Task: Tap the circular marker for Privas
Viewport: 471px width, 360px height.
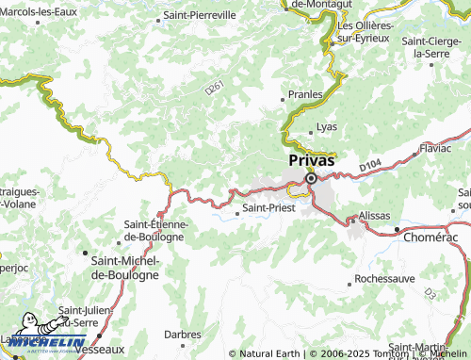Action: pyautogui.click(x=310, y=176)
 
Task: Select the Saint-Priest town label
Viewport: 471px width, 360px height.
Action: pyautogui.click(x=268, y=207)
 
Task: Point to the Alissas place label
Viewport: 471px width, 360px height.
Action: pyautogui.click(x=374, y=216)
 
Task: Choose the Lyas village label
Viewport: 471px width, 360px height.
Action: pyautogui.click(x=327, y=126)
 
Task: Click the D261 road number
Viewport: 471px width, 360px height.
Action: pyautogui.click(x=214, y=88)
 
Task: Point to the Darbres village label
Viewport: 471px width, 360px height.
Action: pyautogui.click(x=182, y=334)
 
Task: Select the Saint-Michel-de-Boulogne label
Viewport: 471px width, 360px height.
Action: pyautogui.click(x=123, y=268)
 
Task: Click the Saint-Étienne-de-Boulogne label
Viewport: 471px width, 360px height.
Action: pyautogui.click(x=157, y=231)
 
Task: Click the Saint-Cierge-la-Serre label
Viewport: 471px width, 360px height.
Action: pyautogui.click(x=435, y=48)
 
